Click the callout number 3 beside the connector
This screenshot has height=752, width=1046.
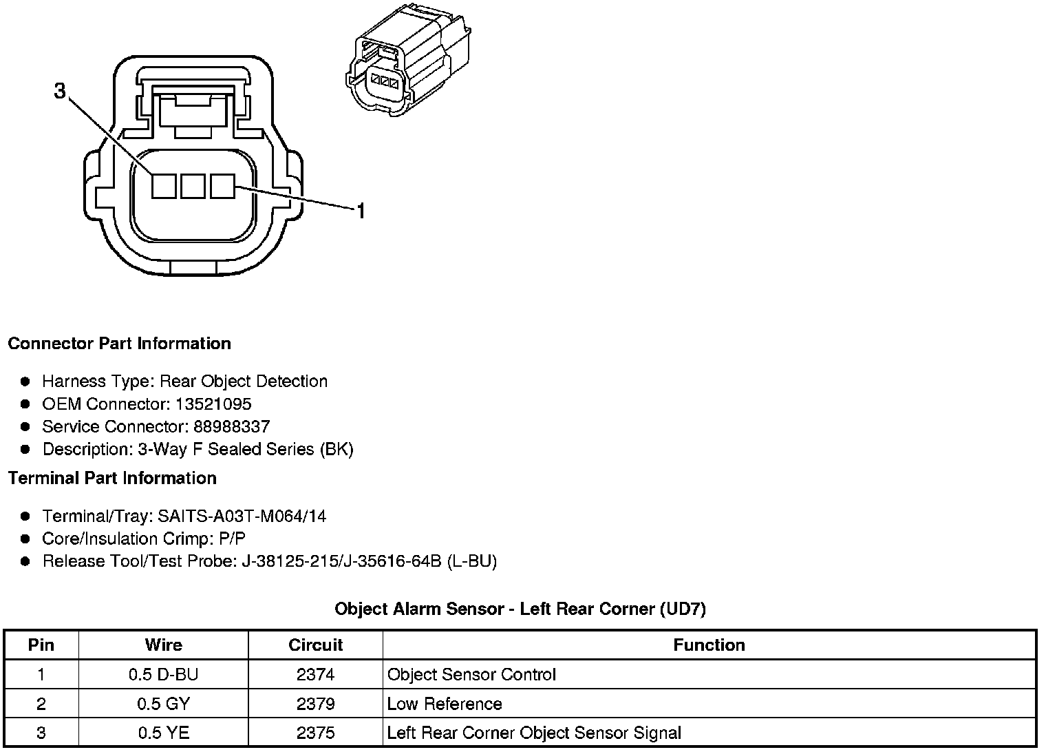click(x=60, y=90)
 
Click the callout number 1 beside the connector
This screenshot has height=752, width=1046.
click(x=360, y=210)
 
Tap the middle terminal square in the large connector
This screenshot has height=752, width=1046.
click(x=193, y=186)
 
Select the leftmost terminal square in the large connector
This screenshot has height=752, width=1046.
click(x=164, y=186)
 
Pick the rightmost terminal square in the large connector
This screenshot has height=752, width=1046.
click(x=222, y=186)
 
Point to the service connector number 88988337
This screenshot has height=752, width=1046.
click(x=231, y=427)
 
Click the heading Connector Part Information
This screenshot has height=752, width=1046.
click(x=119, y=344)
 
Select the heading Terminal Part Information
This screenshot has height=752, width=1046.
click(x=112, y=479)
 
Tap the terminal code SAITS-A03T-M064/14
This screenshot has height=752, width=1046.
click(x=242, y=516)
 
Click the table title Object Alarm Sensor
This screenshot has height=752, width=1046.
click(x=520, y=609)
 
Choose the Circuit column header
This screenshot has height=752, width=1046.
click(x=315, y=645)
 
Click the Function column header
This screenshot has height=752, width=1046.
click(x=709, y=645)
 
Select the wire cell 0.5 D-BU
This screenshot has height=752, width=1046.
click(x=163, y=675)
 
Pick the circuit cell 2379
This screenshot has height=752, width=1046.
click(x=315, y=704)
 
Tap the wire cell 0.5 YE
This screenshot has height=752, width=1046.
click(x=163, y=733)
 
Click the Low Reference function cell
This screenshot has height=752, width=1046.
click(x=445, y=704)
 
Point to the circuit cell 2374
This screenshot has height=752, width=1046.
click(x=315, y=675)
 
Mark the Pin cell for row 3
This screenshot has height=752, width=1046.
click(x=41, y=733)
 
